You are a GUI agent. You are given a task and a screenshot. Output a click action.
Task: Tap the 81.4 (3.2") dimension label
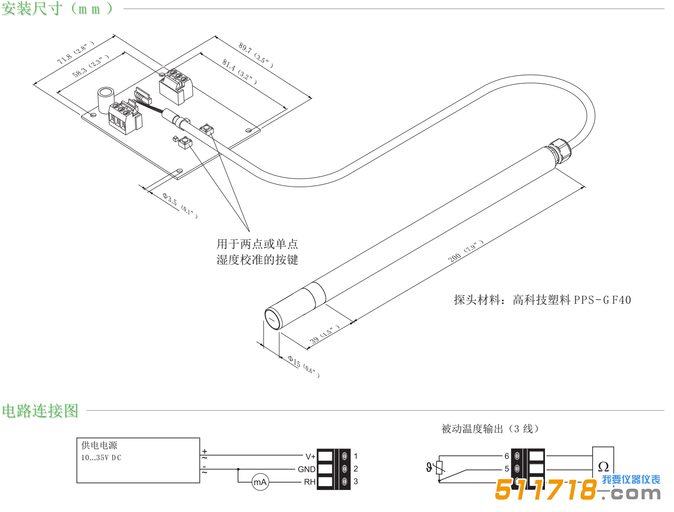(239, 71)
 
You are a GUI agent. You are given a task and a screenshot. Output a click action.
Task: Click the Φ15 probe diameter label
(303, 365)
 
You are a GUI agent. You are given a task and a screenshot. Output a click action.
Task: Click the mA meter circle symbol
(260, 482)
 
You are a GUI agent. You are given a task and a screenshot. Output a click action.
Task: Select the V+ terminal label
(310, 456)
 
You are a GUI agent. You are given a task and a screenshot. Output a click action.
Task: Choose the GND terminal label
(306, 469)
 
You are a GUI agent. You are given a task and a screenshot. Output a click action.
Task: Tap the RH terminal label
(309, 482)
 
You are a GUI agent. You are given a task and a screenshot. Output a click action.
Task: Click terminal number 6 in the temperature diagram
(507, 456)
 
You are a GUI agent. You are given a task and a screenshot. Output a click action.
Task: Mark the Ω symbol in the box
(603, 467)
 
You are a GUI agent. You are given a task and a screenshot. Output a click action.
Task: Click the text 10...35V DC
(101, 458)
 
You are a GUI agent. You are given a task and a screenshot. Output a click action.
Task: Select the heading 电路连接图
(40, 411)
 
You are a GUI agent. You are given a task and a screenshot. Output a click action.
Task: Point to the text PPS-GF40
(602, 300)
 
